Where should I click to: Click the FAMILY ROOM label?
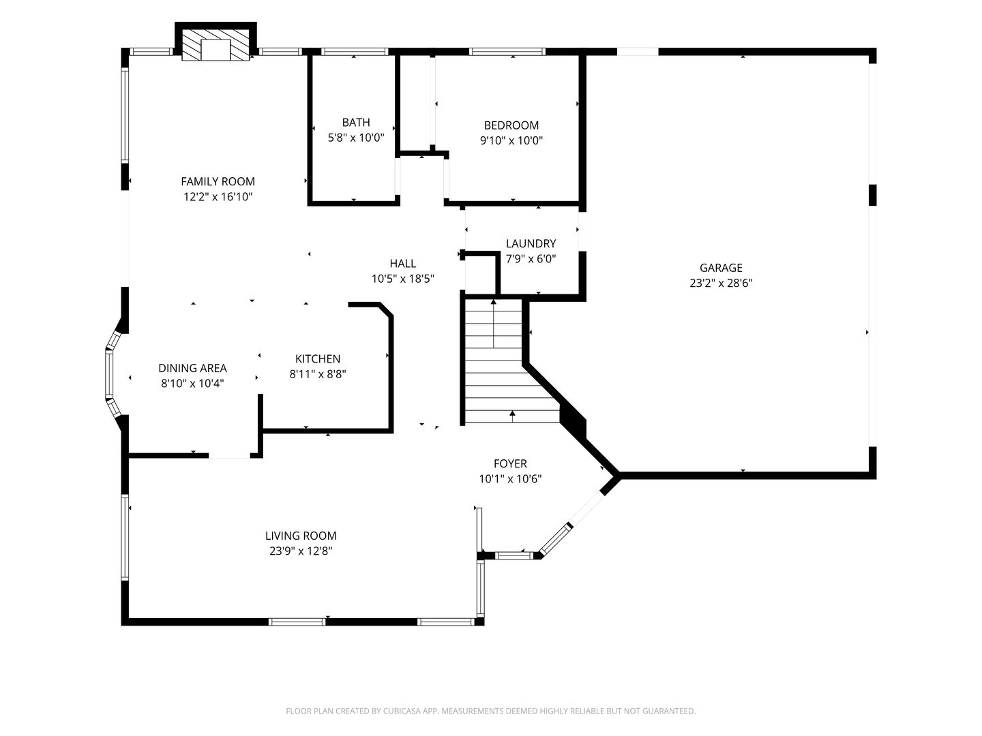tap(218, 181)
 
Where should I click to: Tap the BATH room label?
tap(356, 122)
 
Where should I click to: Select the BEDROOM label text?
tap(511, 125)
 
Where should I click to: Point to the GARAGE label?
tap(721, 268)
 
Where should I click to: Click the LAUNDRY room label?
tap(531, 243)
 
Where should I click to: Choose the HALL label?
tap(402, 263)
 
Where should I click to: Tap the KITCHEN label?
tap(318, 359)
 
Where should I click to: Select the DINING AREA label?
tap(192, 368)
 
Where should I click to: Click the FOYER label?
tap(511, 463)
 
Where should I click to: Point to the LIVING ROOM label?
tap(301, 536)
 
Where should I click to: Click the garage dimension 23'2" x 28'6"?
tap(721, 283)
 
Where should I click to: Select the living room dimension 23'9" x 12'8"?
tap(301, 551)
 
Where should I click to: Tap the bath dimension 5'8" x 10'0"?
tap(356, 137)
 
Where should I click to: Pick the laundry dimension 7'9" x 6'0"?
tap(531, 259)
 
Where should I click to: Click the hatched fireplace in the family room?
tap(215, 45)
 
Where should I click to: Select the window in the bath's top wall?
tap(355, 52)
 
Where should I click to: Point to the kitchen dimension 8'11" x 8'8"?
tap(318, 374)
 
